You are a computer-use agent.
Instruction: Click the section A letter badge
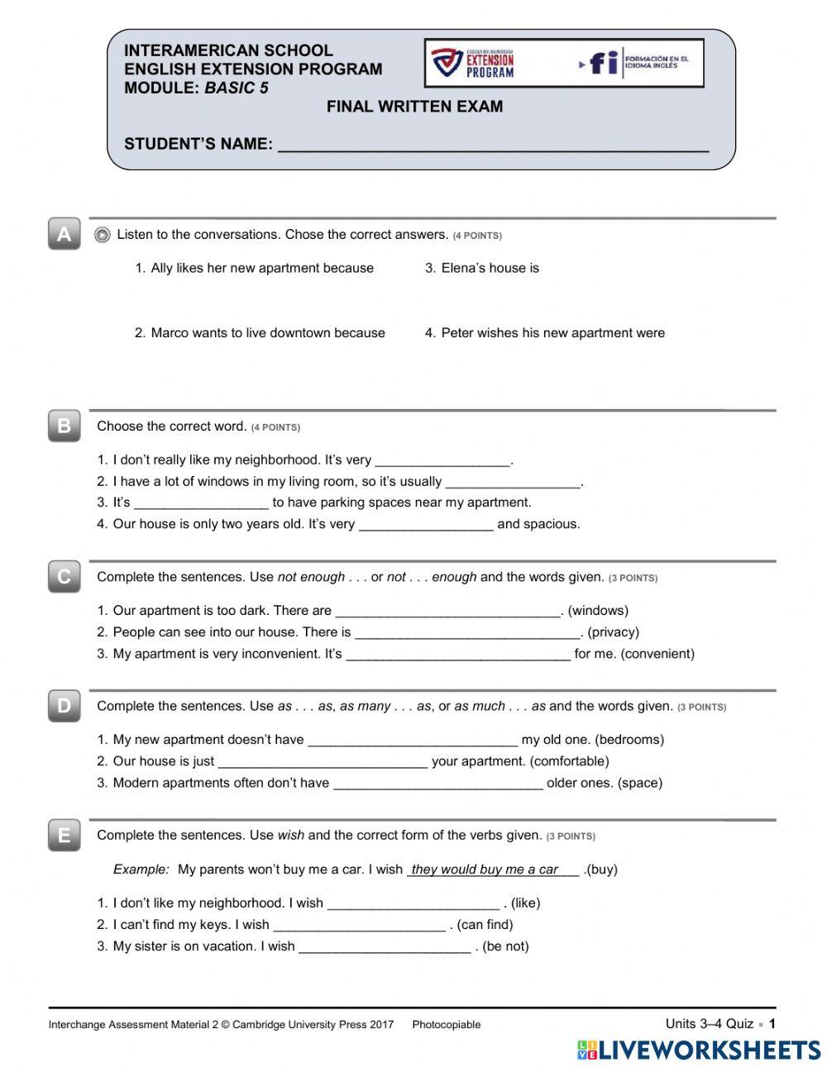(64, 235)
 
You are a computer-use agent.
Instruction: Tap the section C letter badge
(64, 577)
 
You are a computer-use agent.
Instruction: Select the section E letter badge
(64, 836)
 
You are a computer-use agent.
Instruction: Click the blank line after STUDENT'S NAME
(493, 145)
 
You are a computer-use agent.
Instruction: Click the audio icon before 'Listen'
(103, 236)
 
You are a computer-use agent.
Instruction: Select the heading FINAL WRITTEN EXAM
(414, 107)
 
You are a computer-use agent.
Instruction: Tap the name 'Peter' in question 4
(457, 333)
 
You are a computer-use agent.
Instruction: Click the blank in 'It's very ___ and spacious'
(426, 525)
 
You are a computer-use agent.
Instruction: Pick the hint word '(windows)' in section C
(598, 611)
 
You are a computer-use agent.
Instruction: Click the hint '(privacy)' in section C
(613, 632)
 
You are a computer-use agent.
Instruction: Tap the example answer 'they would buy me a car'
(485, 869)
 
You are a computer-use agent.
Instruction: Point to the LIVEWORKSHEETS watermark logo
(698, 1050)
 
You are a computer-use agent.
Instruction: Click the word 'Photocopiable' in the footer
(446, 1025)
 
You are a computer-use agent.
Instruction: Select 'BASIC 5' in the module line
(237, 88)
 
